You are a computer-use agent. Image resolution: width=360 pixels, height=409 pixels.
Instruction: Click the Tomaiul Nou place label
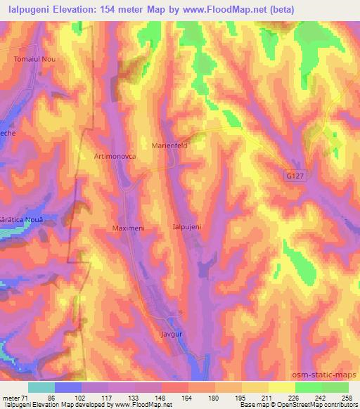[34, 59]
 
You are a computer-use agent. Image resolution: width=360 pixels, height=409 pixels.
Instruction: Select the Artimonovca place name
[115, 157]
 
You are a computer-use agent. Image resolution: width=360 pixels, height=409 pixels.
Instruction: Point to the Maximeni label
[128, 228]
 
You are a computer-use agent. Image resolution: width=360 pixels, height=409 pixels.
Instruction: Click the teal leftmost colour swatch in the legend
[41, 387]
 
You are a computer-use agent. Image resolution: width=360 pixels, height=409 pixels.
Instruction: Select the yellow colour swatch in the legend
[281, 387]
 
